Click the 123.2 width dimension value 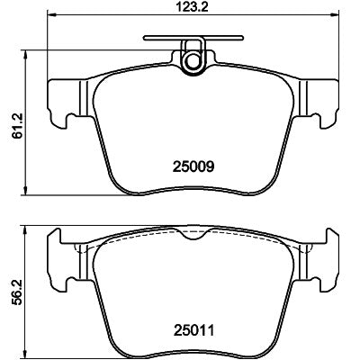click(x=193, y=6)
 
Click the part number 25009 click(x=193, y=166)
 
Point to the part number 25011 click(x=193, y=330)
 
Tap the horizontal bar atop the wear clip click(x=193, y=38)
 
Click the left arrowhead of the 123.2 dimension click(x=53, y=14)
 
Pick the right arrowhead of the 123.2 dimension click(x=334, y=14)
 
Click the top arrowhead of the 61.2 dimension click(x=25, y=56)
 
